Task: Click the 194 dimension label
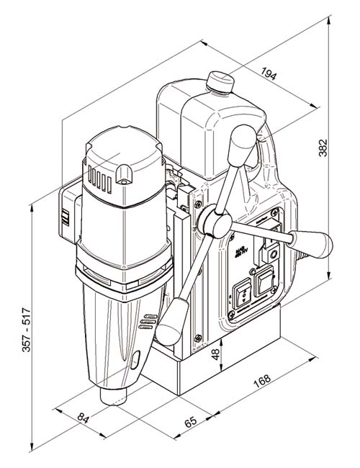269,73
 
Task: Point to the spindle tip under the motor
115,395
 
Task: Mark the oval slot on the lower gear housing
137,358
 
